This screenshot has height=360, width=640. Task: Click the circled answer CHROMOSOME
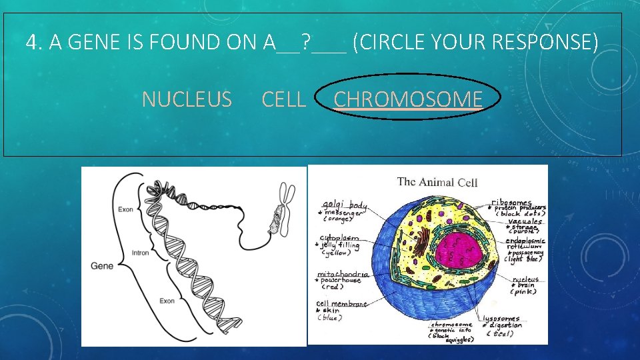pyautogui.click(x=407, y=99)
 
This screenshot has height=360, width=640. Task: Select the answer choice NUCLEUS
pyautogui.click(x=187, y=100)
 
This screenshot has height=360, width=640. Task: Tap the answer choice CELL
pyautogui.click(x=284, y=100)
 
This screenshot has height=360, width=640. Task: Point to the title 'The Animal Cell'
pyautogui.click(x=437, y=182)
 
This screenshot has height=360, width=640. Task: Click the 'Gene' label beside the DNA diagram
pyautogui.click(x=102, y=265)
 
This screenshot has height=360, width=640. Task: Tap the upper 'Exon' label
pyautogui.click(x=126, y=209)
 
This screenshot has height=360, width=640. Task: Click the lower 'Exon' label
pyautogui.click(x=167, y=301)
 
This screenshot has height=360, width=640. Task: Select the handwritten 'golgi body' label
pyautogui.click(x=344, y=205)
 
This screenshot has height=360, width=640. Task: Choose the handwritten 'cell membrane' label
pyautogui.click(x=341, y=304)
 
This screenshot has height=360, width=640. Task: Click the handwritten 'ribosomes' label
pyautogui.click(x=512, y=202)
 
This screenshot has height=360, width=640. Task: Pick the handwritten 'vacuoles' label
pyautogui.click(x=525, y=221)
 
